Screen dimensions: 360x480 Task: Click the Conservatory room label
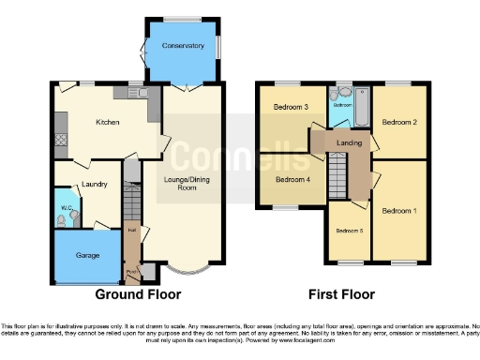[x=184, y=43]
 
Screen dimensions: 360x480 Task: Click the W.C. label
[x=67, y=208]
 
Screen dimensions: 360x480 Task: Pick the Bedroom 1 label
[x=400, y=210]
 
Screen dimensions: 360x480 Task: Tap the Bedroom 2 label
[x=400, y=122]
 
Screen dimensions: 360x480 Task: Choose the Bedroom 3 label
[x=291, y=107]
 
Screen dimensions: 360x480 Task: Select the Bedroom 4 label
[x=291, y=179]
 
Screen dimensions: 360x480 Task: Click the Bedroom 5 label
[x=349, y=231]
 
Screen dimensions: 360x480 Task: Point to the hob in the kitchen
[x=61, y=139]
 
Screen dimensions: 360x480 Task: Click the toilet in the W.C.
[x=62, y=221]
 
